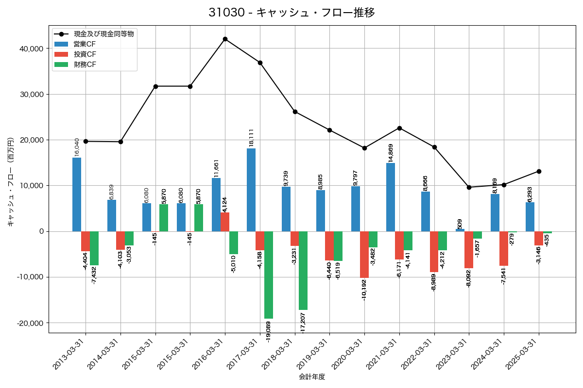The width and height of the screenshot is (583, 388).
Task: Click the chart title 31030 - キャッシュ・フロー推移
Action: point(291,13)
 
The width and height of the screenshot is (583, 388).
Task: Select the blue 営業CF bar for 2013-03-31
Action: point(77,194)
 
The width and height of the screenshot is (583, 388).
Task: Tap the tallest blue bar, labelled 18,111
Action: point(251,190)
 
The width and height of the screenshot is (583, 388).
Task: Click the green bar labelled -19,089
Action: point(269,275)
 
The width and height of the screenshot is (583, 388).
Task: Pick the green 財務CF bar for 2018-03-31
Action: point(303,270)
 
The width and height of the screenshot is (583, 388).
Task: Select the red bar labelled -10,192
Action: point(364,254)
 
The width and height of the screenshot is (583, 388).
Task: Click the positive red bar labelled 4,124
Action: point(225,222)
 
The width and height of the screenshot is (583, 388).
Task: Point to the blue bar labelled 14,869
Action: point(391,197)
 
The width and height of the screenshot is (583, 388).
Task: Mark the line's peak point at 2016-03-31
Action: point(225,39)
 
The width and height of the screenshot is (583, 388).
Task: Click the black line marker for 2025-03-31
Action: point(539,171)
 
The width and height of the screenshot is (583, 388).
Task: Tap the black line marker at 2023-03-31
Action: point(469,187)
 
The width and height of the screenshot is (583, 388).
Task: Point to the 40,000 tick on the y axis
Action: point(30,49)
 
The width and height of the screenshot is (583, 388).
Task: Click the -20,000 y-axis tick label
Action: point(29,323)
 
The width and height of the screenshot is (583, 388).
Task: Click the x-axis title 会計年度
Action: point(311,377)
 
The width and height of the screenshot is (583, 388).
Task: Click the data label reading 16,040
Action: point(77,147)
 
